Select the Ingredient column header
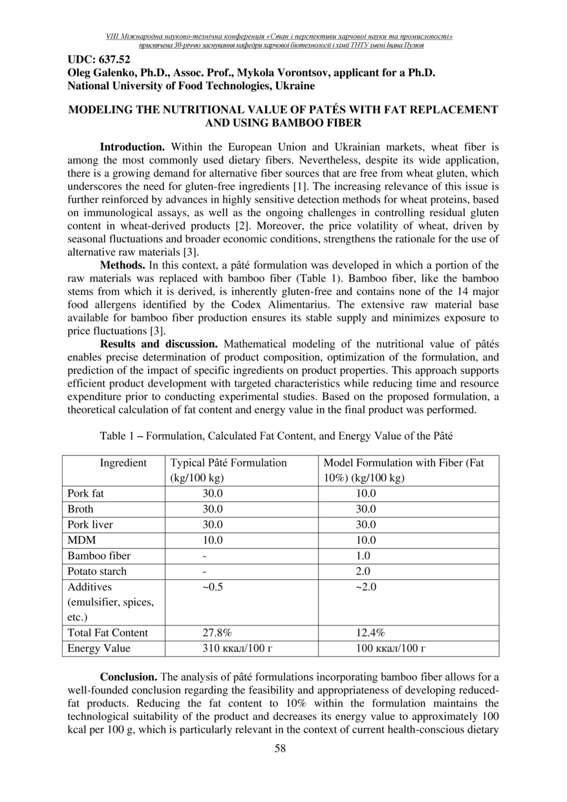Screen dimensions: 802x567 [123, 462]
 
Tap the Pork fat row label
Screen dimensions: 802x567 [85, 493]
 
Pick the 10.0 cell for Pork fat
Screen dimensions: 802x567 [366, 493]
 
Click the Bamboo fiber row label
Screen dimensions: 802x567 [99, 556]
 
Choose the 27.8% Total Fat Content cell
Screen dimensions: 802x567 [217, 633]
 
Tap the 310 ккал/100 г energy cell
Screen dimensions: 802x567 [235, 648]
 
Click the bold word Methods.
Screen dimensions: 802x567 [123, 265]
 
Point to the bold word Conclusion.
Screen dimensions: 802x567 [128, 677]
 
